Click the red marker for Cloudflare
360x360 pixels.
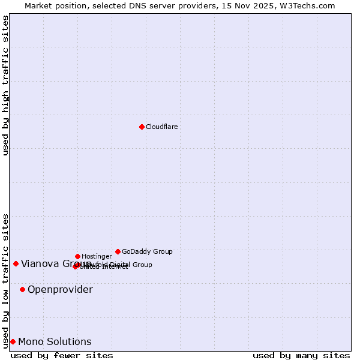click(x=142, y=127)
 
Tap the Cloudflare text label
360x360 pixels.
click(x=162, y=127)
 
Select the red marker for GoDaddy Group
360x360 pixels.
click(x=118, y=251)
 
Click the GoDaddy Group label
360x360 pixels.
click(x=147, y=251)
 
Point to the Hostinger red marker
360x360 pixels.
click(x=77, y=256)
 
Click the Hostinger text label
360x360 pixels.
click(x=97, y=256)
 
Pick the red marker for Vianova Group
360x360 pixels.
click(x=16, y=263)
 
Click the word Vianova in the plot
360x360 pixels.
click(x=39, y=263)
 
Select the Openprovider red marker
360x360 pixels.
click(x=22, y=289)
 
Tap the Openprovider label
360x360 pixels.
click(x=60, y=289)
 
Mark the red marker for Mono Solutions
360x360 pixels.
click(x=13, y=341)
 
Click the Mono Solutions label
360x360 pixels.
click(x=55, y=341)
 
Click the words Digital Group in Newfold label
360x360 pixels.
click(x=131, y=265)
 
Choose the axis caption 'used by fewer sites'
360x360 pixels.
click(x=62, y=355)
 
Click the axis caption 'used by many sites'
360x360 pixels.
click(x=301, y=355)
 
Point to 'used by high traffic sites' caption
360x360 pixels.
click(x=5, y=85)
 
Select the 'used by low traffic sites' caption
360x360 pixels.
click(x=5, y=280)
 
